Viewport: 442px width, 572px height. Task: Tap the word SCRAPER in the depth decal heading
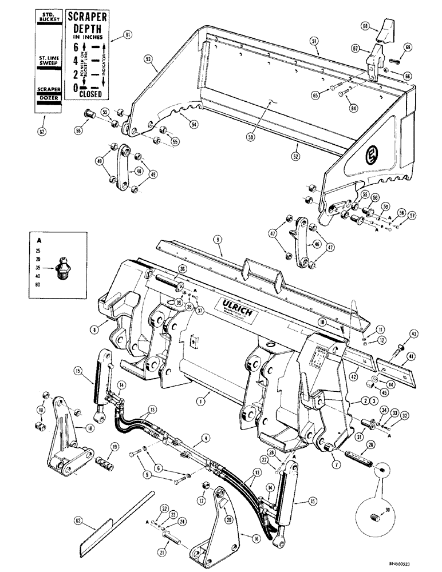point(85,17)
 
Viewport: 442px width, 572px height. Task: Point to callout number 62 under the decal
point(40,132)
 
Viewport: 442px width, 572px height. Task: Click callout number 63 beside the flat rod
point(78,521)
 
